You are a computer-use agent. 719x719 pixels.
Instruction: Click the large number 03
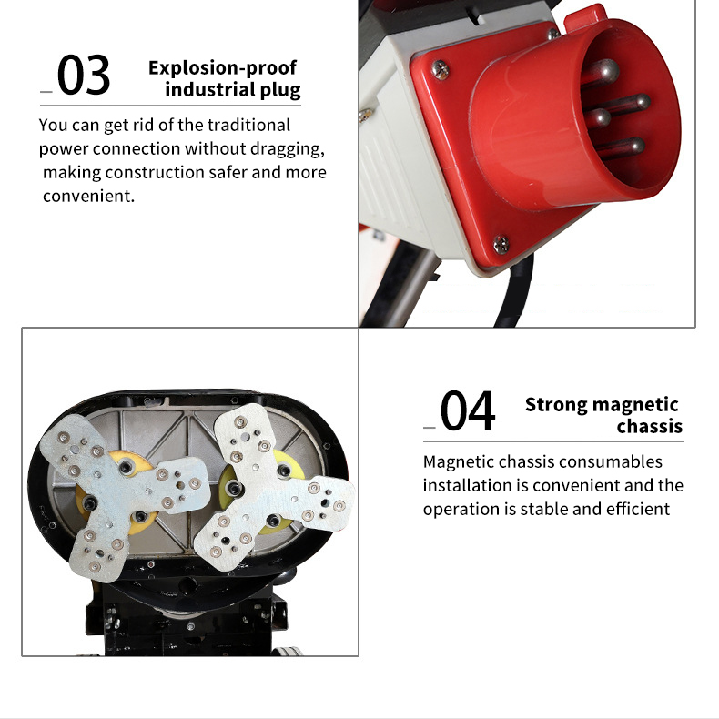point(84,75)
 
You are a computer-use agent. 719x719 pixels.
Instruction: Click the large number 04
point(467,410)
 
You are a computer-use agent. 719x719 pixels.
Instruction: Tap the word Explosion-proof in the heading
point(222,68)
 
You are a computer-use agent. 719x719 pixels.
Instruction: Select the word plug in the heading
point(280,90)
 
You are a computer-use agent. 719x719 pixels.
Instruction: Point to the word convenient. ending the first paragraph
point(89,197)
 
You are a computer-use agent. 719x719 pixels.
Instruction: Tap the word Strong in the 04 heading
point(556,405)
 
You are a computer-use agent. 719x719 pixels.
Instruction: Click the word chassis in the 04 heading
point(649,427)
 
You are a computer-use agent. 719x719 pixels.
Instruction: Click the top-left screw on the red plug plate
point(441,70)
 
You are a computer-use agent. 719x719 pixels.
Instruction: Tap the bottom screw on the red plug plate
point(501,245)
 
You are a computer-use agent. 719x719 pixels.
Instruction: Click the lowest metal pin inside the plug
point(620,147)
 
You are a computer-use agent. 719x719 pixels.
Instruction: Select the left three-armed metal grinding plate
point(124,496)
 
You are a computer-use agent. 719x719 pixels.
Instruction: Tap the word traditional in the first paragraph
point(248,125)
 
